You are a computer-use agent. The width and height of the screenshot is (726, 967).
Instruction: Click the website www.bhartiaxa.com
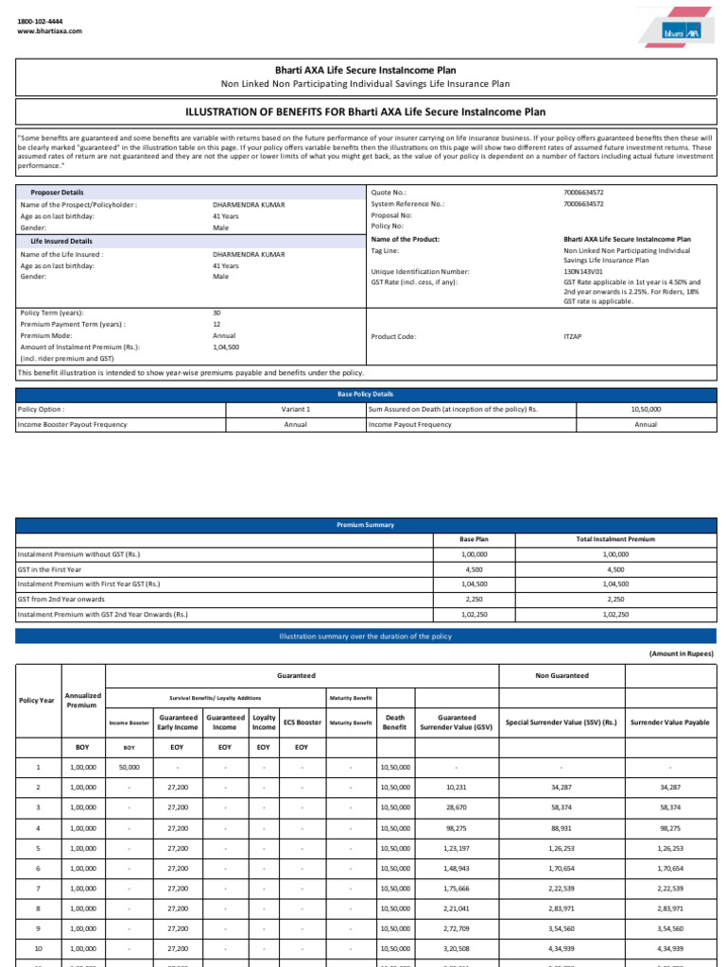[50, 31]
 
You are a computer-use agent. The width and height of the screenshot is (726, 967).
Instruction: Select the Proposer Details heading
[58, 192]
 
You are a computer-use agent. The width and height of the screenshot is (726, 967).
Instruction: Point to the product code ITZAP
[574, 336]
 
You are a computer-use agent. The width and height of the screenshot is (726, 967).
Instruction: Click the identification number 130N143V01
[583, 271]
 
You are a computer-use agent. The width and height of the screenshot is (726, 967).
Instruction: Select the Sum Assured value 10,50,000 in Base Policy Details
[646, 409]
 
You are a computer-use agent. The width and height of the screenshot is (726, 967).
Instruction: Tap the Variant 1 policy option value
[296, 409]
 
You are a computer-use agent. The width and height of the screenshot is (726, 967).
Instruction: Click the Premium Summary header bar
[366, 524]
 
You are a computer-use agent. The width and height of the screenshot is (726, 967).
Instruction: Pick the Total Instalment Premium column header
[615, 539]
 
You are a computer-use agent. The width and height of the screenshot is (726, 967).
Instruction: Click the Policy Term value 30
[216, 313]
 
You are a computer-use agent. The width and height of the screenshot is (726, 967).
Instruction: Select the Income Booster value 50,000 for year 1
[130, 768]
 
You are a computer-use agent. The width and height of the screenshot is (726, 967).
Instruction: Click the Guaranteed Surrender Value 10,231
[456, 788]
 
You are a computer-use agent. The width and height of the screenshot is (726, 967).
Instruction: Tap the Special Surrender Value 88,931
[561, 827]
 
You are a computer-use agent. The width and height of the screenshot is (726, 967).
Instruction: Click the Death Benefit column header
[395, 722]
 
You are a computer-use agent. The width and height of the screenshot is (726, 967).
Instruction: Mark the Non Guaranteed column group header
[562, 675]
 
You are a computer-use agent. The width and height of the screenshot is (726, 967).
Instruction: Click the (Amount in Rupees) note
[681, 653]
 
